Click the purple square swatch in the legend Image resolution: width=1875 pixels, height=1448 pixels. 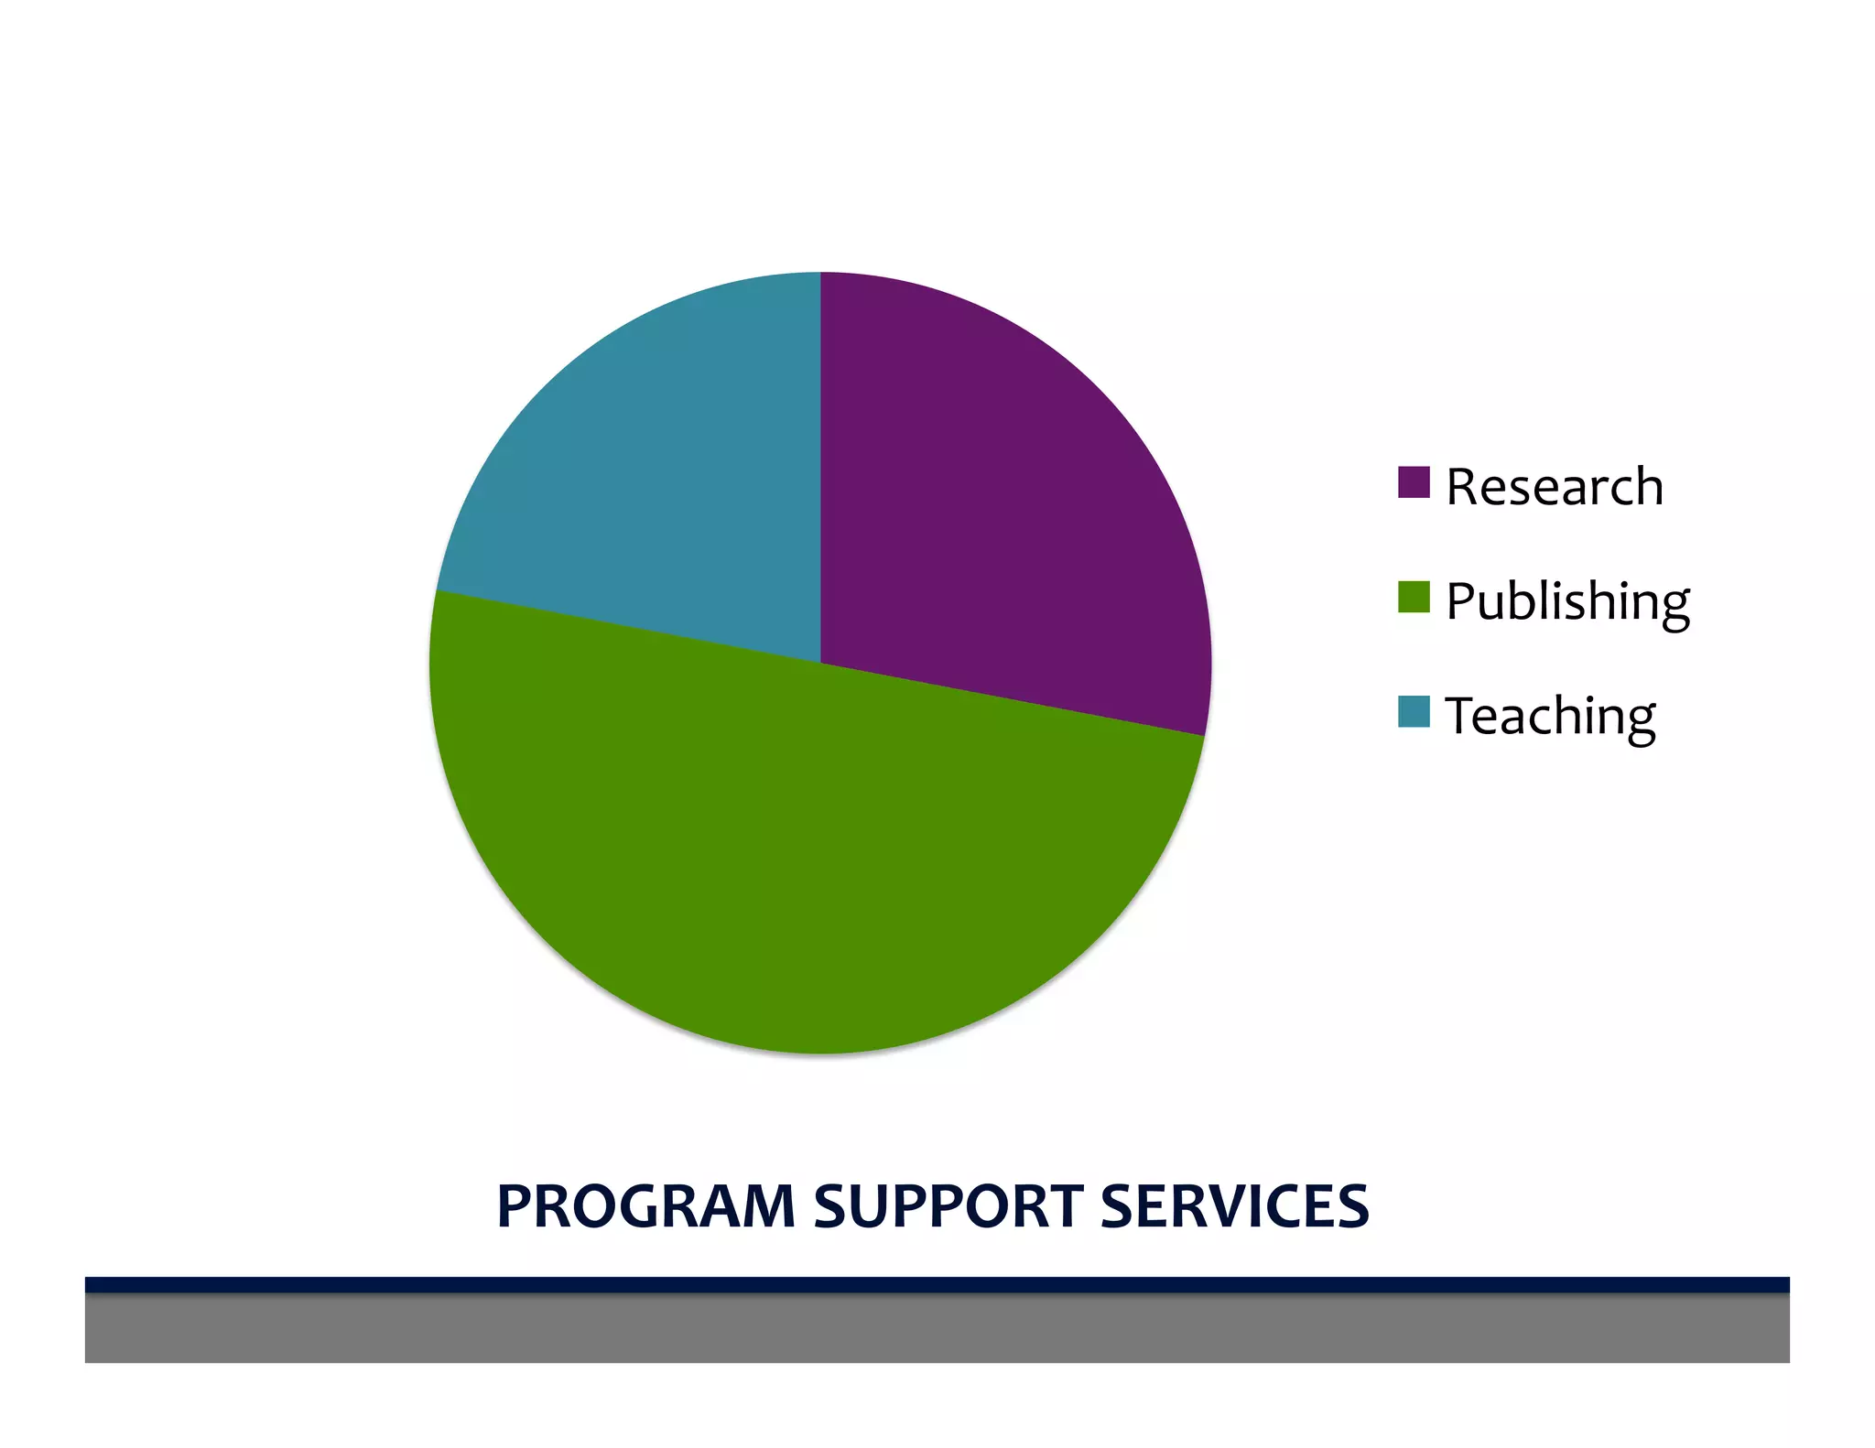point(1414,482)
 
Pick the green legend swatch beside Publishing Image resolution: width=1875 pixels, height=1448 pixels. point(1414,597)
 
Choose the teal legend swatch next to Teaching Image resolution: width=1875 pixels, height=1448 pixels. point(1414,711)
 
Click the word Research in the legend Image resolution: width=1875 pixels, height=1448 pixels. point(1555,486)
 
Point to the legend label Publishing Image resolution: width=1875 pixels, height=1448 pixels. point(1567,601)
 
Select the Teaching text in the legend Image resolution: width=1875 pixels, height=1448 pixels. point(1550,716)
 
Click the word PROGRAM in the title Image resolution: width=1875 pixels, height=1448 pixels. point(645,1205)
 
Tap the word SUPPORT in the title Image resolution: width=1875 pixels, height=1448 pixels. point(948,1205)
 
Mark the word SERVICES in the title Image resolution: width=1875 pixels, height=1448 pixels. point(1234,1205)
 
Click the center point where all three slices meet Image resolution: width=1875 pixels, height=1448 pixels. point(820,663)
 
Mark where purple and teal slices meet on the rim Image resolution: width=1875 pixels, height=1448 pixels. point(820,273)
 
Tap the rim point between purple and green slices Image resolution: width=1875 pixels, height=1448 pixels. point(1204,735)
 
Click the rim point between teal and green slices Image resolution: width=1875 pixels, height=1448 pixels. point(437,590)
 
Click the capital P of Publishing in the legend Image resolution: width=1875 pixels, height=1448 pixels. point(1460,601)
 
